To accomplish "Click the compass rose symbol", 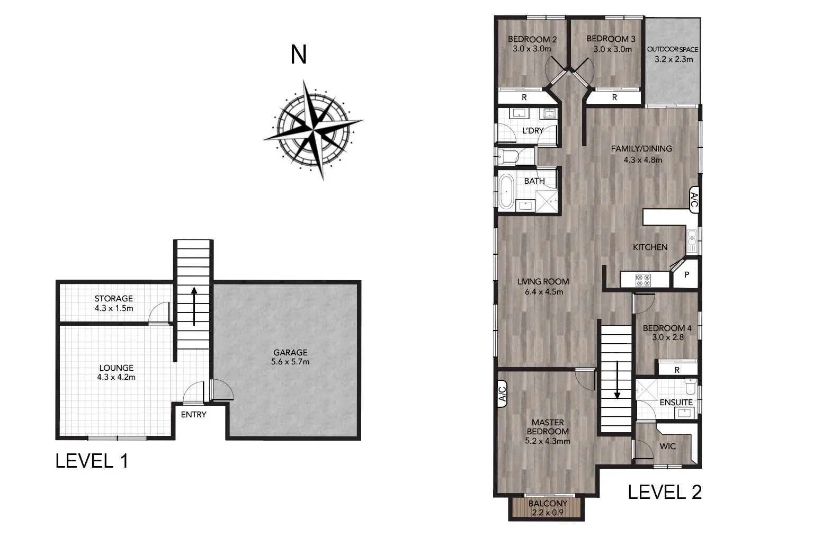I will pyautogui.click(x=314, y=129).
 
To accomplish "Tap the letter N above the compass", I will pyautogui.click(x=299, y=54).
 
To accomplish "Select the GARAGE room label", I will pyautogui.click(x=290, y=357).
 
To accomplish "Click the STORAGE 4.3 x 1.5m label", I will pyautogui.click(x=113, y=303).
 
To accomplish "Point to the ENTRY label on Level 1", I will pyautogui.click(x=193, y=414).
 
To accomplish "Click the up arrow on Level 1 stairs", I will pyautogui.click(x=194, y=306).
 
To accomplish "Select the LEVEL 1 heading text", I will pyautogui.click(x=92, y=461).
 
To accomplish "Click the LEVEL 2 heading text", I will pyautogui.click(x=665, y=492).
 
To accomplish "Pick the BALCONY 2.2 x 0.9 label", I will pyautogui.click(x=548, y=508).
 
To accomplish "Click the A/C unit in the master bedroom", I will pyautogui.click(x=503, y=395).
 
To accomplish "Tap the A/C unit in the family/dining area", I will pyautogui.click(x=694, y=199).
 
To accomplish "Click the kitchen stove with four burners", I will pyautogui.click(x=643, y=280).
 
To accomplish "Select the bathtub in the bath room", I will pyautogui.click(x=506, y=192).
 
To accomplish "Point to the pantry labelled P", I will pyautogui.click(x=687, y=275).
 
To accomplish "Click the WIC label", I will pyautogui.click(x=667, y=446).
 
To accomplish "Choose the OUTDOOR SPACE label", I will pyautogui.click(x=673, y=54).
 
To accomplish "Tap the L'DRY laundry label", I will pyautogui.click(x=533, y=130).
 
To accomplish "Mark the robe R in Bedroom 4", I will pyautogui.click(x=677, y=370).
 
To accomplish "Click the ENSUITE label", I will pyautogui.click(x=676, y=402).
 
